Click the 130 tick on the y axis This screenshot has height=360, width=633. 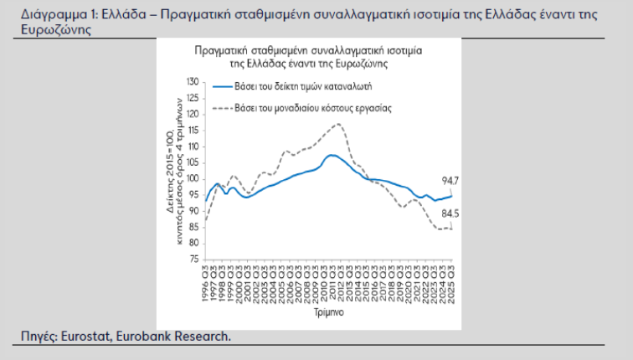click(x=192, y=82)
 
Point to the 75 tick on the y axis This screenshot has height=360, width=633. click(x=194, y=259)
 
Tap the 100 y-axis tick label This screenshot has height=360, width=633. click(x=192, y=178)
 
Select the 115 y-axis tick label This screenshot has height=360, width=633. click(x=192, y=131)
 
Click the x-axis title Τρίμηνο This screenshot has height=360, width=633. click(x=327, y=311)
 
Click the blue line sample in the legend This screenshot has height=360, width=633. click(x=222, y=86)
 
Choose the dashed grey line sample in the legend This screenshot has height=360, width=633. click(x=222, y=108)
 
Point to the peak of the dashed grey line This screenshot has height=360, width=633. click(x=337, y=124)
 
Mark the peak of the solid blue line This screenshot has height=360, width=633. click(x=332, y=155)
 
